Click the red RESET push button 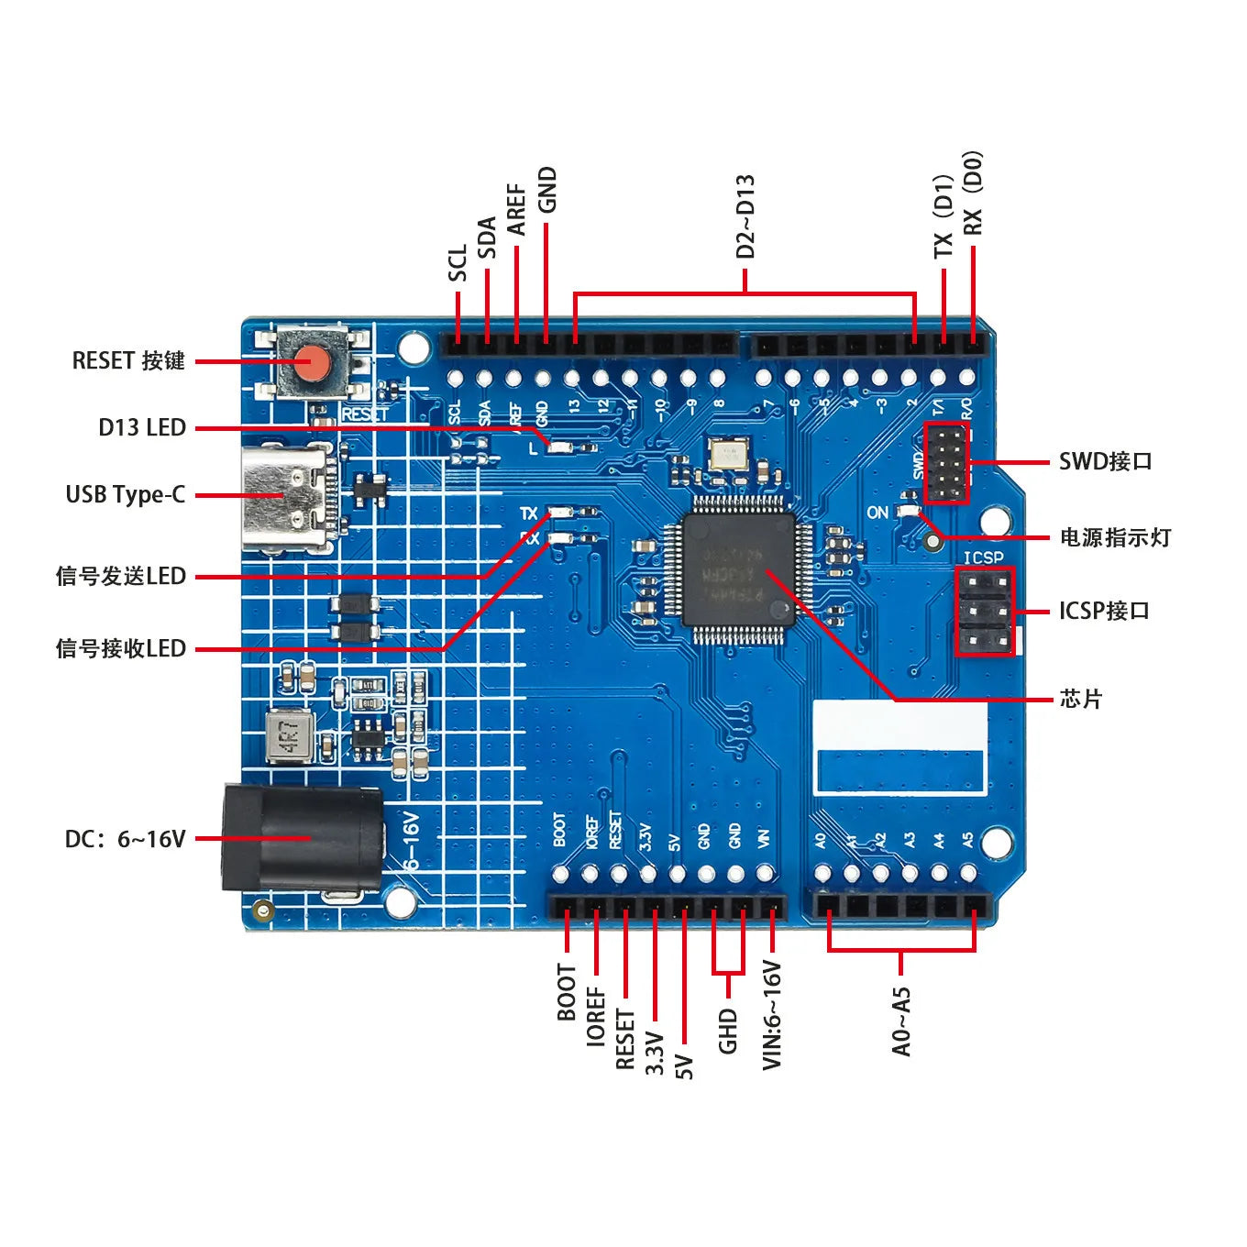point(313,364)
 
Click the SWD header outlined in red point(945,463)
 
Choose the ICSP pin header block point(985,612)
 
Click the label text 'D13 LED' point(142,428)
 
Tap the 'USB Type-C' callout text point(126,495)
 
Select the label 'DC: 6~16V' point(126,839)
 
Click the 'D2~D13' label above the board point(745,216)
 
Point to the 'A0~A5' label point(901,1021)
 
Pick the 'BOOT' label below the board point(567,992)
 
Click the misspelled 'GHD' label point(728,1031)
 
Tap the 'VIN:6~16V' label point(772,1015)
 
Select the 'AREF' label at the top point(516,210)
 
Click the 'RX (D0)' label point(972,193)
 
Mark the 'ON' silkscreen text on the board point(877,513)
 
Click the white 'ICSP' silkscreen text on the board point(983,557)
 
